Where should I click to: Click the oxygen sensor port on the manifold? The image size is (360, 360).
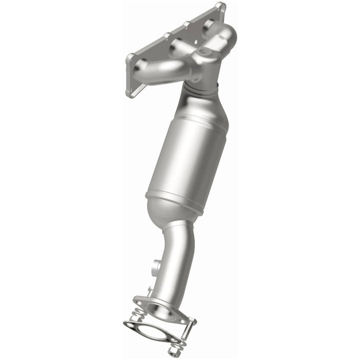(202, 52)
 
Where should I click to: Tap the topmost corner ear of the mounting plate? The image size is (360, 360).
(219, 7)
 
